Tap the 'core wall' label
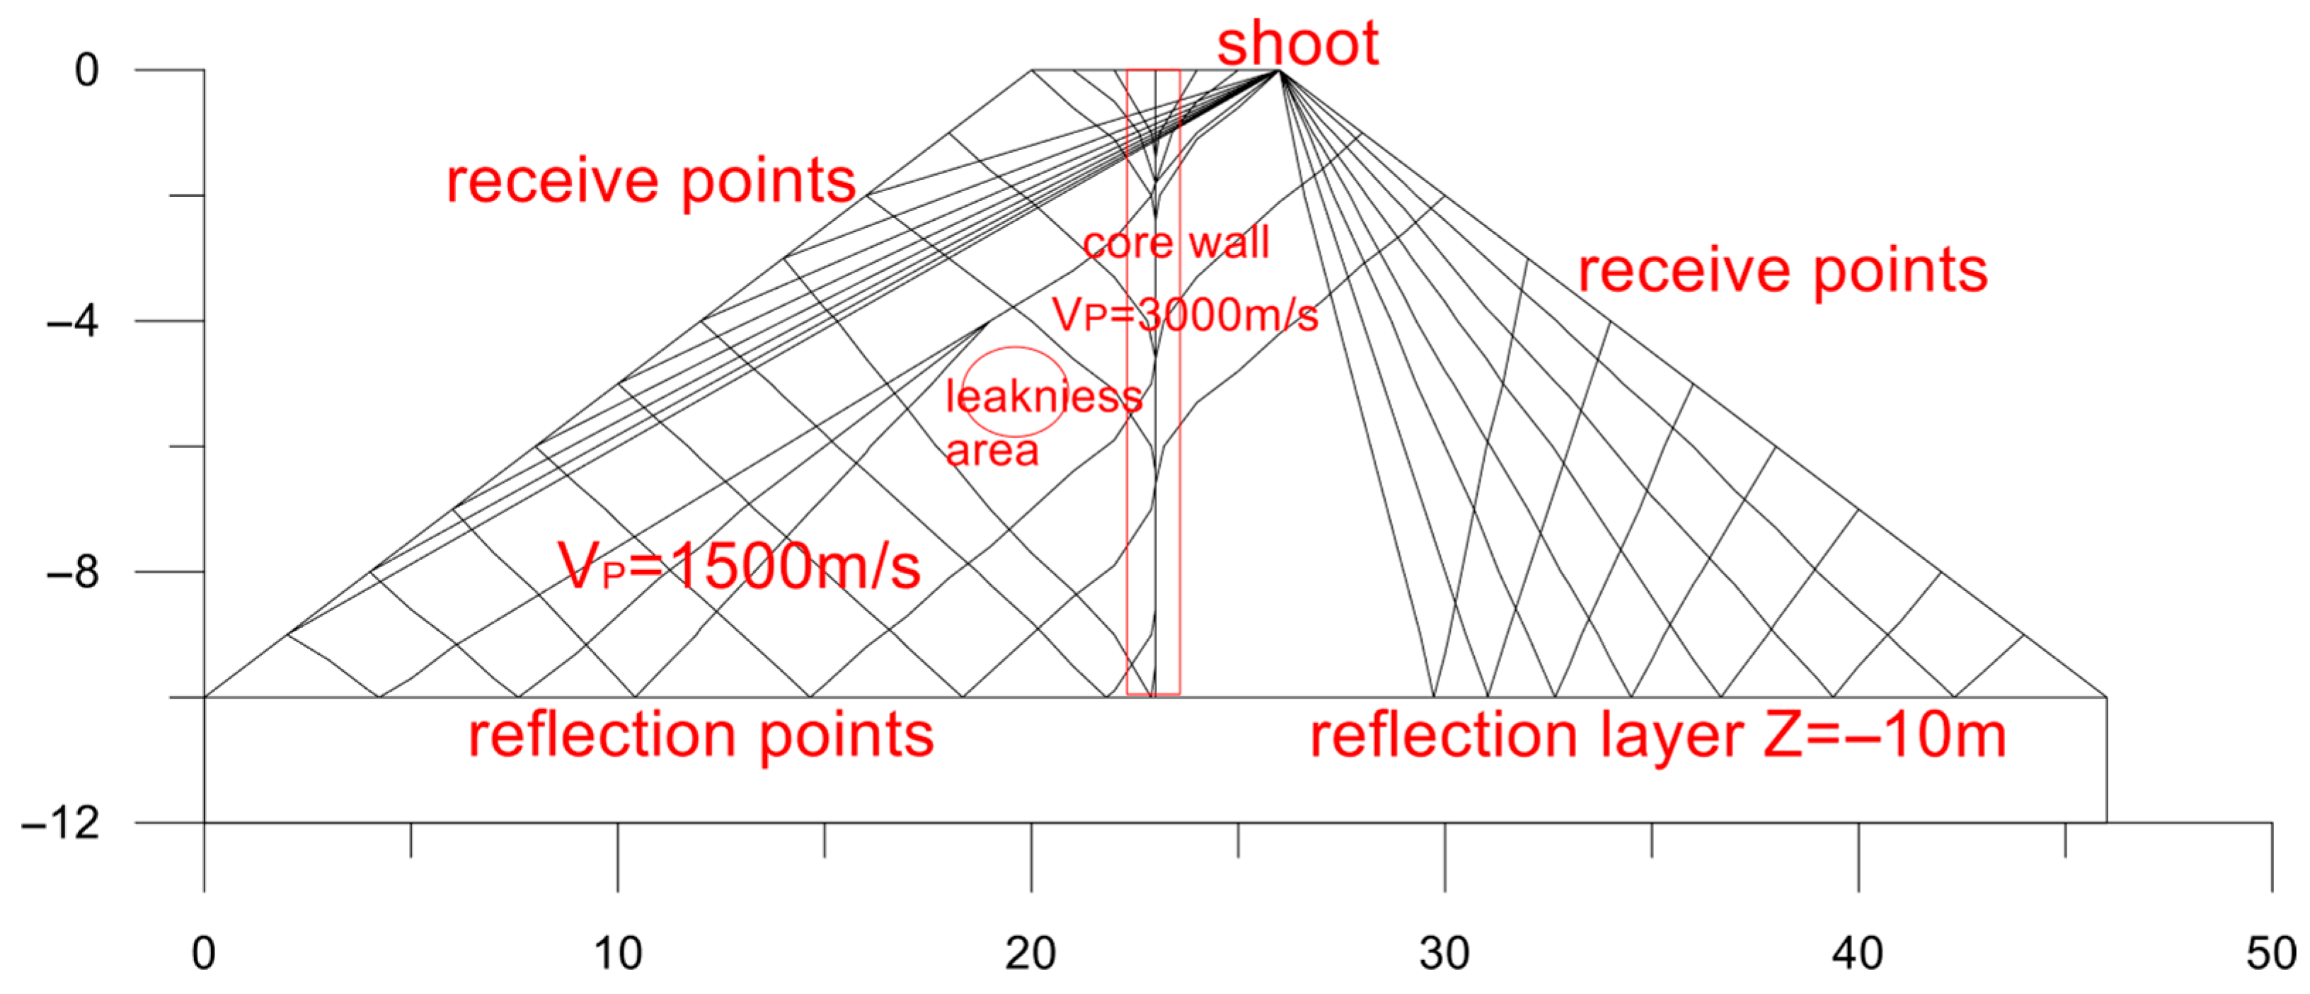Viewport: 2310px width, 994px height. (x=1176, y=242)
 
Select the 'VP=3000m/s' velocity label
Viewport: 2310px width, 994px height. (x=1185, y=315)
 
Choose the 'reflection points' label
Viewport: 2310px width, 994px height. (x=701, y=735)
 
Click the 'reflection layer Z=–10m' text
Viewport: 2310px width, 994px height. (x=1657, y=735)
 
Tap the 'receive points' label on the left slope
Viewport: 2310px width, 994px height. (x=651, y=181)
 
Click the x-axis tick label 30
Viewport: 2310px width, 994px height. (x=1444, y=954)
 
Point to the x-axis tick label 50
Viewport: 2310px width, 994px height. (x=2270, y=954)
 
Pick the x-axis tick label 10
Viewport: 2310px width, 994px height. (x=617, y=954)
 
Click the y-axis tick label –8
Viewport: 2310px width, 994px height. (x=74, y=571)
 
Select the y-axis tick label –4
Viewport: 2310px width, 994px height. (x=74, y=320)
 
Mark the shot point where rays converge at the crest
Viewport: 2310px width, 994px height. (x=1280, y=70)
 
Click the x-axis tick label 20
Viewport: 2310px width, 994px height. (x=1030, y=954)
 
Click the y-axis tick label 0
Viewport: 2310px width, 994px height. (x=87, y=70)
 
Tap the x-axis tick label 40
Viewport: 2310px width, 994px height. (x=1857, y=954)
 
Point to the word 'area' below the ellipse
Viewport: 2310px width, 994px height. (x=992, y=450)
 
